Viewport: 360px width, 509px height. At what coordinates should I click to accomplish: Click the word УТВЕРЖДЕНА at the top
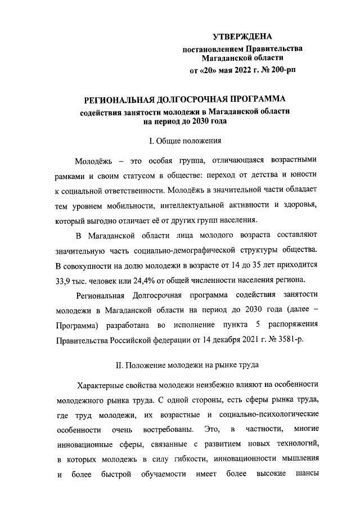click(x=242, y=37)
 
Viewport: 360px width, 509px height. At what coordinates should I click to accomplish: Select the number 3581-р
click(x=289, y=340)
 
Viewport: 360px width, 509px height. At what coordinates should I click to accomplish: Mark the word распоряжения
click(x=291, y=325)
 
